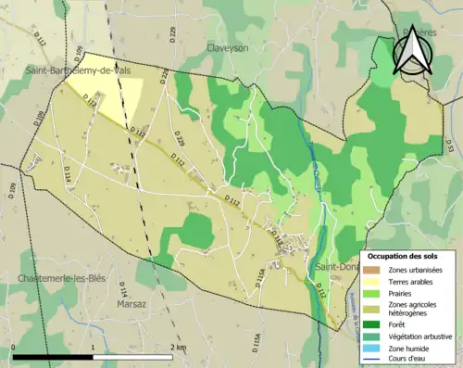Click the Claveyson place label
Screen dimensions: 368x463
(227, 48)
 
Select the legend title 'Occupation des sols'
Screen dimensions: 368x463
(402, 256)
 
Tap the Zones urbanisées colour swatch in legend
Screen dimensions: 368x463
(373, 269)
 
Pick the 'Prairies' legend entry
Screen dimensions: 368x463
(400, 292)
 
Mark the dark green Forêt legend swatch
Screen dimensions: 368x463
(373, 325)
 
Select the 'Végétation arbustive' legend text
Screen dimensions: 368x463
(417, 336)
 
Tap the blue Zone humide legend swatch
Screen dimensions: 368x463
(373, 348)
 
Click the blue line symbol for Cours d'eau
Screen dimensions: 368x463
(373, 359)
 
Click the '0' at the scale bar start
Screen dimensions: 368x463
(13, 348)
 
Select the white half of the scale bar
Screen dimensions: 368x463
(135, 356)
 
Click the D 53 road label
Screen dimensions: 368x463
(450, 146)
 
